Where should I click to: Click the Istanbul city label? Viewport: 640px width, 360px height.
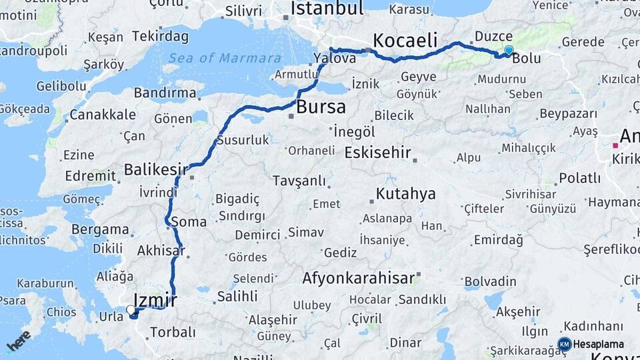tap(327, 9)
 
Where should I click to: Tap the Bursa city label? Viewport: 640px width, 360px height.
tap(321, 107)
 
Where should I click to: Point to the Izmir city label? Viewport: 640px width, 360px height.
tap(155, 300)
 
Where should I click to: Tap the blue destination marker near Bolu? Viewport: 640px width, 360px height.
tap(509, 50)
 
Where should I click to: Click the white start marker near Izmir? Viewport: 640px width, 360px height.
tap(131, 309)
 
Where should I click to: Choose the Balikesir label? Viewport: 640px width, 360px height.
tap(156, 169)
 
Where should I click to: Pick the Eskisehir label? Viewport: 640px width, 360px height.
tap(377, 153)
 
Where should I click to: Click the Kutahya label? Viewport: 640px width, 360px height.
tap(405, 194)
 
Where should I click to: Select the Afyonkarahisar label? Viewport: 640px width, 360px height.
tap(359, 278)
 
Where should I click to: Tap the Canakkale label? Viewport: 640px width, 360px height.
tap(103, 115)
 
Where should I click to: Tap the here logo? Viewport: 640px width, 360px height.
tap(18, 340)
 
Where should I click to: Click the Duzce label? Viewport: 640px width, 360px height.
tap(494, 36)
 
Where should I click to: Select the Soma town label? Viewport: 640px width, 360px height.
tap(189, 221)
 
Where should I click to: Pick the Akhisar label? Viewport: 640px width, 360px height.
tap(160, 251)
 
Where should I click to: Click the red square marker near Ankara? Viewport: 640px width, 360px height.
tap(615, 145)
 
